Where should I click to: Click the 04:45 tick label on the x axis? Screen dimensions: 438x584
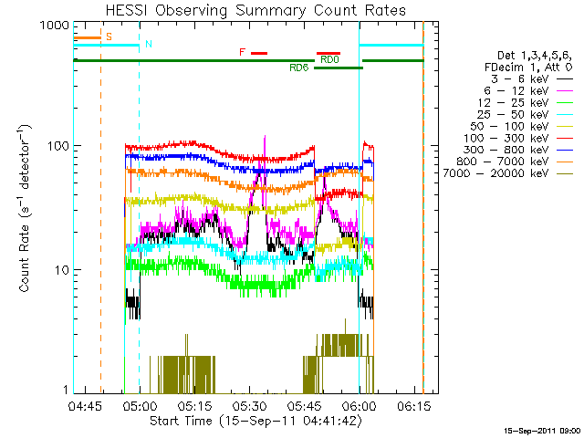coord(84,406)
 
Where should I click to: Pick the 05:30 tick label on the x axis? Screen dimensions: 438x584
coord(248,406)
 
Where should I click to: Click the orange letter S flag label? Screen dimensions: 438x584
coord(109,36)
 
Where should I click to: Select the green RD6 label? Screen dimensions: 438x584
coord(298,68)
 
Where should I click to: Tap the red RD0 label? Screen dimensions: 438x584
coord(328,60)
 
